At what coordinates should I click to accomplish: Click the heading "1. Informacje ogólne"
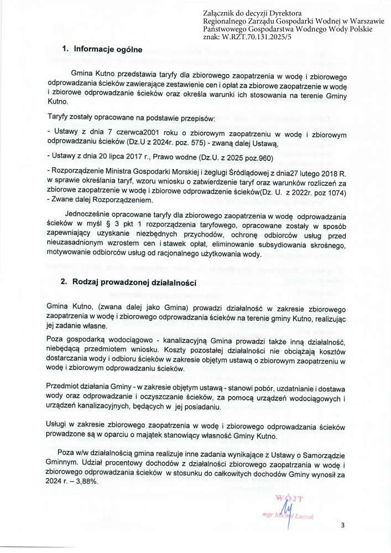(102, 49)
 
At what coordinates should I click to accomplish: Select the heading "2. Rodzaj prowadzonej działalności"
(129, 282)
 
